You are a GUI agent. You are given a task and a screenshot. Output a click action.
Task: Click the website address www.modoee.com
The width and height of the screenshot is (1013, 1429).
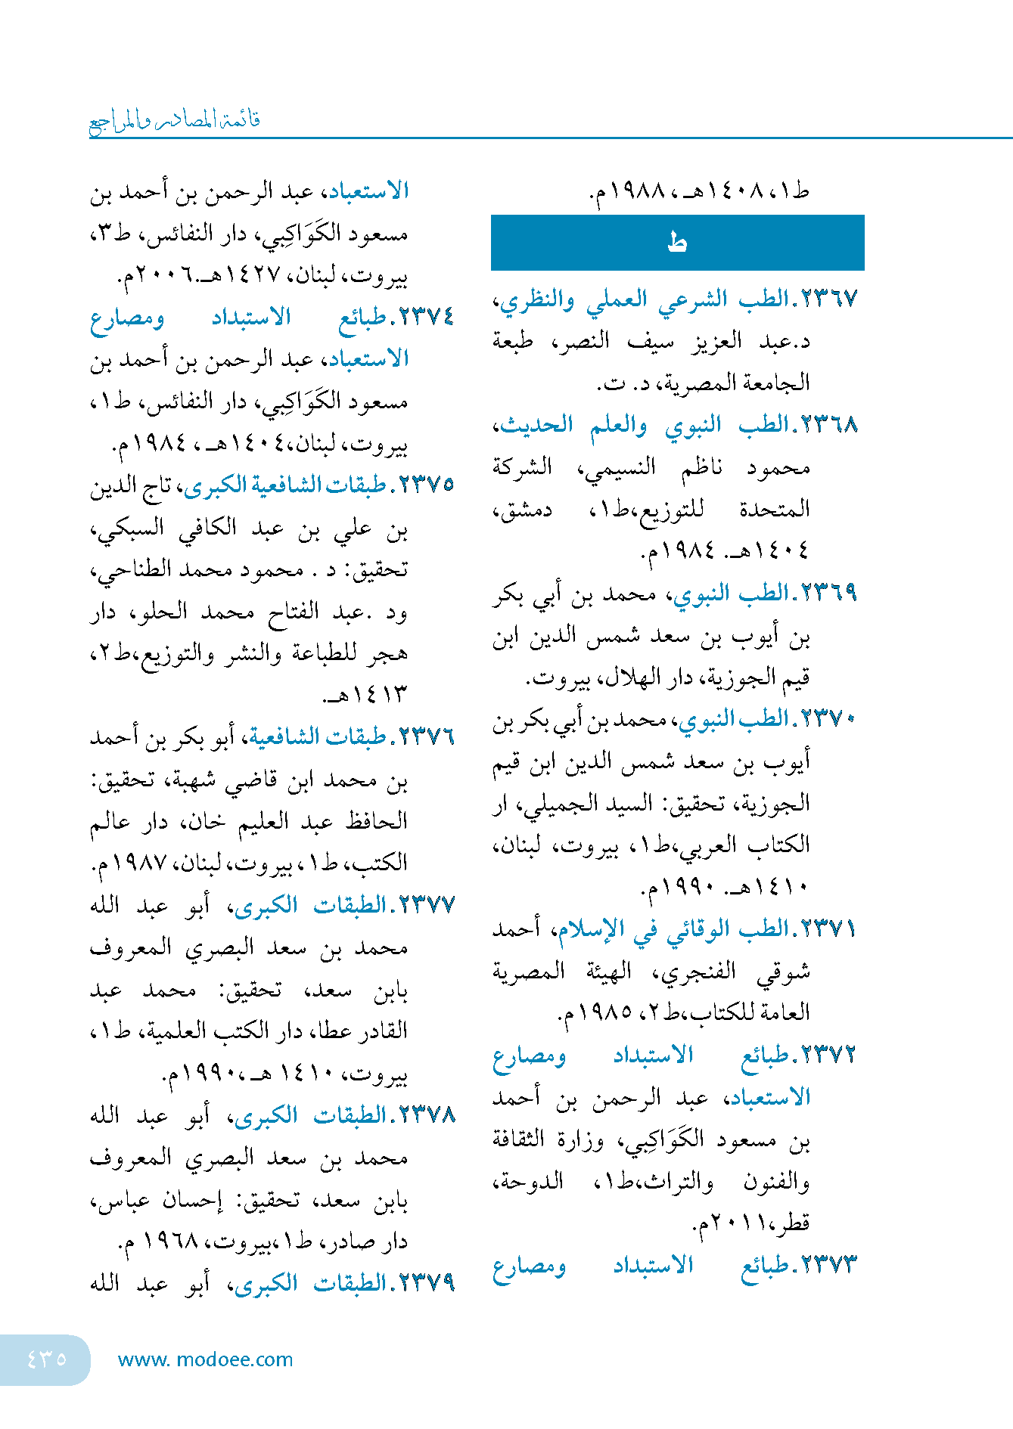point(205,1359)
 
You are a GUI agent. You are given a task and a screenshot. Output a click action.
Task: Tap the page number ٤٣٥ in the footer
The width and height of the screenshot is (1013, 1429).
point(46,1359)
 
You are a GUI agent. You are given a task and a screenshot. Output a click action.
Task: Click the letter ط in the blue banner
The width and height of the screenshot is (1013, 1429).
point(677,243)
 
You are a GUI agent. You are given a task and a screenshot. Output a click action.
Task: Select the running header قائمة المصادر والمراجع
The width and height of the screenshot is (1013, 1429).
point(175,121)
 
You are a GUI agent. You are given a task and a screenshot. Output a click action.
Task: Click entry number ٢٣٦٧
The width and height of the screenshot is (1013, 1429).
point(828,299)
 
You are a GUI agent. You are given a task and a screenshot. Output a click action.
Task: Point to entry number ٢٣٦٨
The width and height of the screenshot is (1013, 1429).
point(828,425)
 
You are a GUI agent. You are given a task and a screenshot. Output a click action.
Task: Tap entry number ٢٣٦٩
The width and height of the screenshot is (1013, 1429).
point(828,593)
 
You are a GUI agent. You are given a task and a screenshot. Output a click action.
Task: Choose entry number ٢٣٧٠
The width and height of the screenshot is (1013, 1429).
point(828,718)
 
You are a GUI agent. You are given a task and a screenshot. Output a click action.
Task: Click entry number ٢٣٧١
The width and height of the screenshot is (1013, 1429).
point(828,928)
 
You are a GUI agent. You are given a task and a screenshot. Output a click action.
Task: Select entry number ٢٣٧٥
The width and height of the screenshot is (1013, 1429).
point(426,485)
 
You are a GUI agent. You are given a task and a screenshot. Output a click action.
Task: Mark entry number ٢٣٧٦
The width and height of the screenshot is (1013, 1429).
point(426,736)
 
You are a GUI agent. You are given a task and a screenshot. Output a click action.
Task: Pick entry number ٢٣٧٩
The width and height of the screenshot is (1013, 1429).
point(426,1283)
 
